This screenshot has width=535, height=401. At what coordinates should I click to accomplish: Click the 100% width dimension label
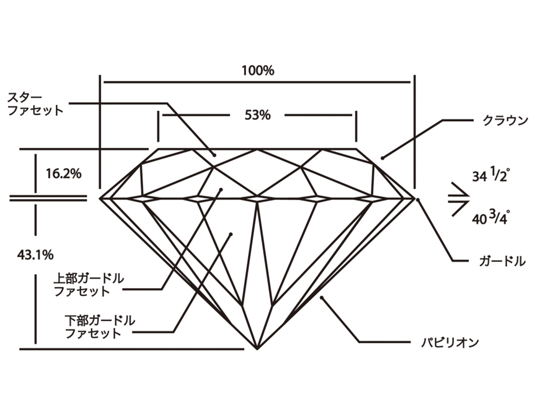[258, 71]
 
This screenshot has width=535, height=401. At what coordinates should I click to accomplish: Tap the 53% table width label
[258, 115]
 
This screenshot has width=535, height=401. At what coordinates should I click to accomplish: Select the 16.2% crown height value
[63, 173]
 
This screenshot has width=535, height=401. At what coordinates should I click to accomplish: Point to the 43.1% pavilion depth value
[35, 255]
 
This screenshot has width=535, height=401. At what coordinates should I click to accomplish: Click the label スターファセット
[35, 104]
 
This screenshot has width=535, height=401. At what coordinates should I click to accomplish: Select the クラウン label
[505, 121]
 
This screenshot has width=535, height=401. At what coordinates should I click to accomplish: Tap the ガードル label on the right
[502, 261]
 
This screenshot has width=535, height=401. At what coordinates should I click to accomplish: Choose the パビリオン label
[450, 342]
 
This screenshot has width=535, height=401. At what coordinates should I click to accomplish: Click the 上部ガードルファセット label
[89, 285]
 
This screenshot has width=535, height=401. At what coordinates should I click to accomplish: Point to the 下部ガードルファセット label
[100, 327]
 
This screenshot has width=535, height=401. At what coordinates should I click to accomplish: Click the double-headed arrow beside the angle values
[459, 199]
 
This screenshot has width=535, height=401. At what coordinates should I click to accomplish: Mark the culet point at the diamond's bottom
[257, 349]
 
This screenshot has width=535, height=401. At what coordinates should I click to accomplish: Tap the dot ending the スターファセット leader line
[214, 155]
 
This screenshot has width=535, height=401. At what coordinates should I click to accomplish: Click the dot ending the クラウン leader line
[382, 158]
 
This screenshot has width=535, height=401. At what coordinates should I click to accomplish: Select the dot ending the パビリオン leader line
[321, 298]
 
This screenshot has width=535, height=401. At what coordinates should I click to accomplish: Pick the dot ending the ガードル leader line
[418, 200]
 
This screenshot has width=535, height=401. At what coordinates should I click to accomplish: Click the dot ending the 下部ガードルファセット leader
[231, 234]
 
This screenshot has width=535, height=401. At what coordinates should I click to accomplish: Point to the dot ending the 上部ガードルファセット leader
[221, 189]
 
